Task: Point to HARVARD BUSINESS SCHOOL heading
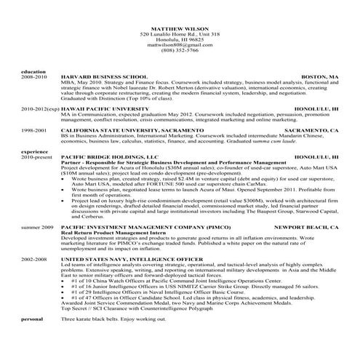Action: click(x=103, y=76)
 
